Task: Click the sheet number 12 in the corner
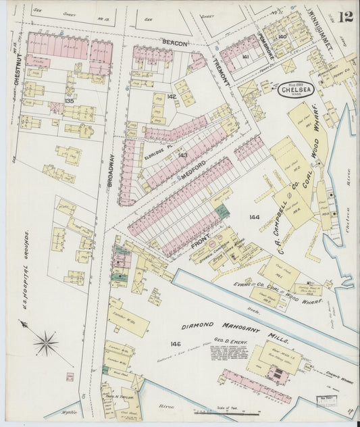345,16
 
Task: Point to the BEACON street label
174,43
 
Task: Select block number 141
246,57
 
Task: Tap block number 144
253,217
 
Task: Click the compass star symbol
46,343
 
